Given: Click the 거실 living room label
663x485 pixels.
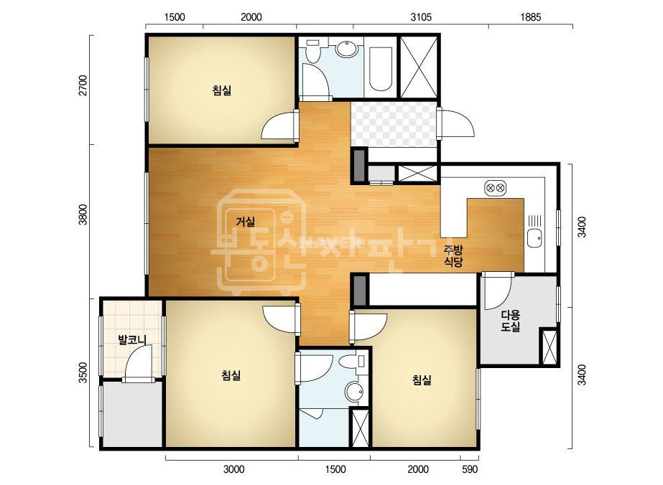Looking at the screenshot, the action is click(x=245, y=222).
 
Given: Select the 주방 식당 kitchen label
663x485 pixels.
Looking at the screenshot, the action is click(x=453, y=256).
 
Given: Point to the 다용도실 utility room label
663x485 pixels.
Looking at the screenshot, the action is click(x=510, y=321).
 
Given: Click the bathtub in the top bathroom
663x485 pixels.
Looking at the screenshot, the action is click(x=380, y=68).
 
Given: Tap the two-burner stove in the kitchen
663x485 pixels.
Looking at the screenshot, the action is click(x=495, y=187).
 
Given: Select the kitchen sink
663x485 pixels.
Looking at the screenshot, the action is click(x=534, y=238).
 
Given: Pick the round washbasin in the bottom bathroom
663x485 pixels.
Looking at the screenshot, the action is click(x=354, y=392).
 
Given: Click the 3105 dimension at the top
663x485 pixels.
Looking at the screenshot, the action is click(x=421, y=17).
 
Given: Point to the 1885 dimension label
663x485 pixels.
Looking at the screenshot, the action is click(x=530, y=17).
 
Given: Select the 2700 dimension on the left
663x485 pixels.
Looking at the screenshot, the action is click(x=83, y=85).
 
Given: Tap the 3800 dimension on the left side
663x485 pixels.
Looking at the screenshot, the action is click(x=83, y=215).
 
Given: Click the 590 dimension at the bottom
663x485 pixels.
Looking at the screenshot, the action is click(x=470, y=469).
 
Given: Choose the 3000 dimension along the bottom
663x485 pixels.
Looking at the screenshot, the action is click(x=234, y=469).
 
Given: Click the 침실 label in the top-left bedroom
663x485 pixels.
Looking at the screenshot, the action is click(x=222, y=90).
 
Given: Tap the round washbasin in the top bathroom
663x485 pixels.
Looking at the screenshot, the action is click(x=347, y=49).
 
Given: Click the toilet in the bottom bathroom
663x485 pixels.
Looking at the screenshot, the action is click(x=353, y=362).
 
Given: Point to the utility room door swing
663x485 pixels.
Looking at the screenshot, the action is click(x=497, y=292).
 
